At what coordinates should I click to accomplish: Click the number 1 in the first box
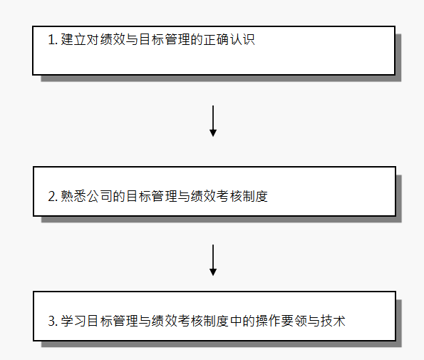[52, 39]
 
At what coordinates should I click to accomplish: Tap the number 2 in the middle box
[52, 196]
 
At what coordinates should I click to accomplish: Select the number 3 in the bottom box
[52, 321]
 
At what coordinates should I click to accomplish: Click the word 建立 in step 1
[73, 39]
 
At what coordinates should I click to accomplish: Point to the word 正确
[216, 39]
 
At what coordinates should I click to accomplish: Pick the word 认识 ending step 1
[242, 39]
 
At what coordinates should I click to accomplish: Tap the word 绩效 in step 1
[113, 39]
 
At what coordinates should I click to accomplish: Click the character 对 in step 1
[93, 39]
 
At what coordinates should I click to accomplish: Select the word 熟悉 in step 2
[73, 196]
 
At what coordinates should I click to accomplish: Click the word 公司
[99, 196]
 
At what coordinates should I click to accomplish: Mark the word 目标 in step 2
[138, 196]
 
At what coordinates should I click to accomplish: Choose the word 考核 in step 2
[229, 196]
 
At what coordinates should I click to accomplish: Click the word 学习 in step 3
[73, 321]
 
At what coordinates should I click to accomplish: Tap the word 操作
[268, 321]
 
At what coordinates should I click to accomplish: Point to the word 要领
[294, 321]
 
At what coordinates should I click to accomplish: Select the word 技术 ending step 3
[333, 321]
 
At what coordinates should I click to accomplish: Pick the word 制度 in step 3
[216, 321]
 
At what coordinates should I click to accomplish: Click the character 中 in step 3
[236, 321]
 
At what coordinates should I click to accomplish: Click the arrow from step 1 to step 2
[213, 121]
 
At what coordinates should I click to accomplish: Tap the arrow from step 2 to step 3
[213, 260]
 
